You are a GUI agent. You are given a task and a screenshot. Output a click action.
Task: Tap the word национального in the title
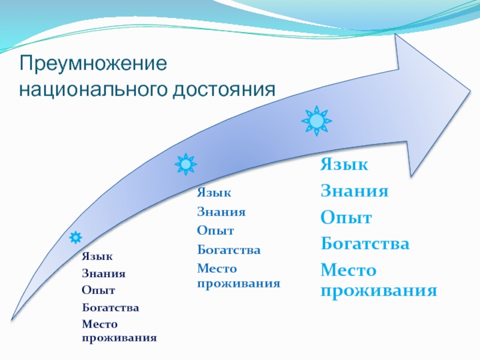(94, 90)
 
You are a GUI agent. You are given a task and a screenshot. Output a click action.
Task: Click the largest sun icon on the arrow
(316, 121)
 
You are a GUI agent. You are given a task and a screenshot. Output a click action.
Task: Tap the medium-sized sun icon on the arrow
(185, 164)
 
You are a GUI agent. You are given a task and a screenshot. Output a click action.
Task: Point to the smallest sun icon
(76, 238)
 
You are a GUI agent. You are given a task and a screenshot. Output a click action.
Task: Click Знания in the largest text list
(354, 191)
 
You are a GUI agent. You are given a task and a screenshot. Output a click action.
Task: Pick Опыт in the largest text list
(346, 218)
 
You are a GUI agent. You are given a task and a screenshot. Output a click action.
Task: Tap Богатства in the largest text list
(365, 244)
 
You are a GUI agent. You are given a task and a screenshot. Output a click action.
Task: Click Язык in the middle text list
(214, 193)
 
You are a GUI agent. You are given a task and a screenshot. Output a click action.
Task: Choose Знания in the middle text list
(221, 212)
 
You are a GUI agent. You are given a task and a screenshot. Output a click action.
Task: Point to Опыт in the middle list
(215, 231)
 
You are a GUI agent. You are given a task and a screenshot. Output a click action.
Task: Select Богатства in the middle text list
(229, 250)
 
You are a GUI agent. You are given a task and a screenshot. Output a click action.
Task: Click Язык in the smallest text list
(97, 256)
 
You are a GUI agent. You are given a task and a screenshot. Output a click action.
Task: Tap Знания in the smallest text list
(103, 274)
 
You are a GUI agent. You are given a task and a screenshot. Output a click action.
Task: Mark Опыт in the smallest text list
(98, 290)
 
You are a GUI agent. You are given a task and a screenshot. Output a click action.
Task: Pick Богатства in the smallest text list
(110, 308)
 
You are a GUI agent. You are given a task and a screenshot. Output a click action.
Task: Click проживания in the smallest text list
(119, 338)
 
